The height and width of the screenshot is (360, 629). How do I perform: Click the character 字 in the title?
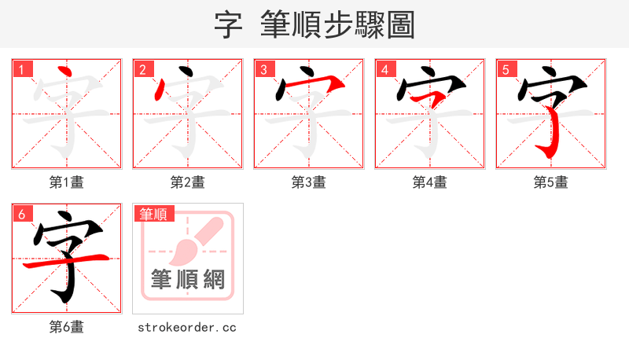(x=227, y=24)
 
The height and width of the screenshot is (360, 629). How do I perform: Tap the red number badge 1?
(x=21, y=69)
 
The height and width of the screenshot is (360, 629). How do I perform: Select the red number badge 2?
(x=142, y=69)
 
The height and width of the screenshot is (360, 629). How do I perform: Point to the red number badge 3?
(x=263, y=69)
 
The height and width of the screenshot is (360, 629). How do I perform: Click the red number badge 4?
(x=384, y=69)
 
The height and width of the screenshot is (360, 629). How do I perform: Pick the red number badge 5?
(x=506, y=69)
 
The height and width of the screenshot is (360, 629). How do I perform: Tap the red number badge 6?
(x=21, y=214)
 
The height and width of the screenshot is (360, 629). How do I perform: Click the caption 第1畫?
(x=67, y=182)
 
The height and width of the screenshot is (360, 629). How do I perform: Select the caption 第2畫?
(x=188, y=182)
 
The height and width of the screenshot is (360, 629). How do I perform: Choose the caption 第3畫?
(x=309, y=182)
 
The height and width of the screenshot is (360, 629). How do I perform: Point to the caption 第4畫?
(x=430, y=182)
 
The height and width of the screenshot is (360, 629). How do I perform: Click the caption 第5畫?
(x=551, y=182)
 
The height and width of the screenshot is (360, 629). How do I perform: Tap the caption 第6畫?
(x=67, y=327)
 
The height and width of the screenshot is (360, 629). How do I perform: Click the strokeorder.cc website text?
(x=187, y=327)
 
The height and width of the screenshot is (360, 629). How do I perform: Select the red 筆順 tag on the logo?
(x=153, y=214)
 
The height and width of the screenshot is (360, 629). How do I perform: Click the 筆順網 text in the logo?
(x=188, y=279)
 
